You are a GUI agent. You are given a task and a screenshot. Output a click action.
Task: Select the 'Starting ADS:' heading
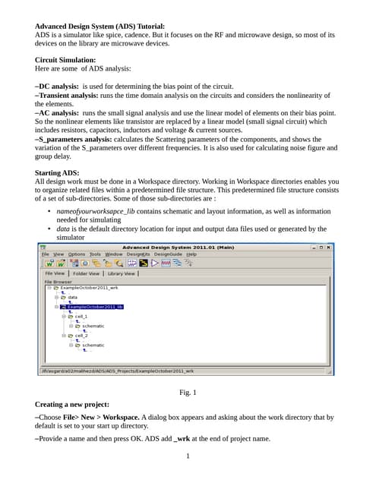click(x=57, y=174)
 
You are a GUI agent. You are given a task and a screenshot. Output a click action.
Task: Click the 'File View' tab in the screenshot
click(x=55, y=273)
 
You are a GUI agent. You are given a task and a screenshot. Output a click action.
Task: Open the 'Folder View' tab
click(x=86, y=273)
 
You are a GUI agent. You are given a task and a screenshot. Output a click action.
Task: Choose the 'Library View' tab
click(x=121, y=273)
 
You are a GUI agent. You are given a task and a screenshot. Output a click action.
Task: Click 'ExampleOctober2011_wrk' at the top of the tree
click(x=90, y=289)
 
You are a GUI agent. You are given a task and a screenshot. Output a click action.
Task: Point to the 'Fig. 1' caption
click(x=188, y=392)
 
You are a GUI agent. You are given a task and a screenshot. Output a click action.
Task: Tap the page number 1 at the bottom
click(x=188, y=456)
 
